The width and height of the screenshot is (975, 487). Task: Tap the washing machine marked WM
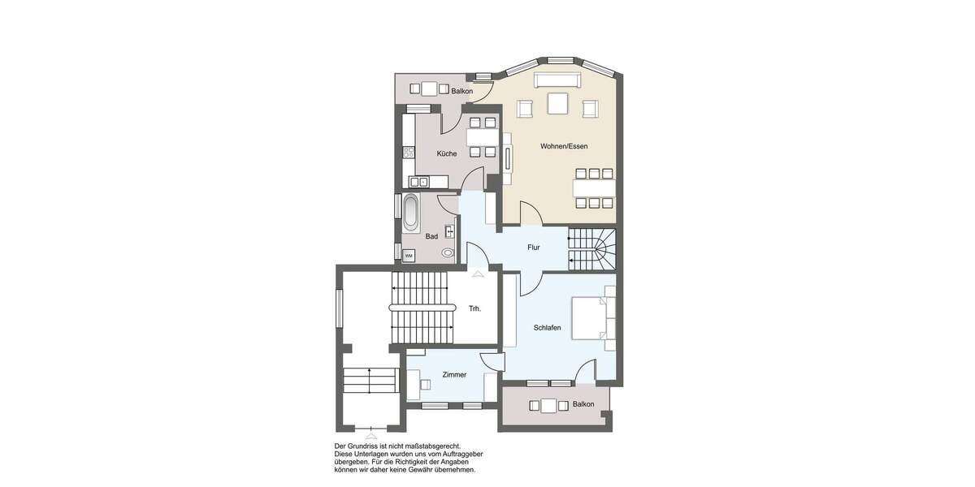click(x=409, y=256)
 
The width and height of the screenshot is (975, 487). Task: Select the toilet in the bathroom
click(x=448, y=253)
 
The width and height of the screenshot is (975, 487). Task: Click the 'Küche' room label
click(x=446, y=153)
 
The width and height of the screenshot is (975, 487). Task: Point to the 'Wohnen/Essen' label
click(x=564, y=146)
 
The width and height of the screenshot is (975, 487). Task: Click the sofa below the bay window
click(x=557, y=80)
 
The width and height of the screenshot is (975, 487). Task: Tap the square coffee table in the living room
click(x=557, y=104)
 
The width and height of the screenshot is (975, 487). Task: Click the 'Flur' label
click(x=534, y=247)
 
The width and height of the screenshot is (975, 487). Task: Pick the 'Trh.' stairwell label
click(x=475, y=308)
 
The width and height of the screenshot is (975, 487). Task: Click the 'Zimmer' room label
click(x=454, y=375)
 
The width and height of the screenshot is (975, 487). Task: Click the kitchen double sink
click(x=418, y=182)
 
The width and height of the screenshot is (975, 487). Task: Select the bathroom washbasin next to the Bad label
click(x=449, y=231)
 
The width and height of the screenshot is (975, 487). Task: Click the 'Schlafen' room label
click(x=548, y=328)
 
